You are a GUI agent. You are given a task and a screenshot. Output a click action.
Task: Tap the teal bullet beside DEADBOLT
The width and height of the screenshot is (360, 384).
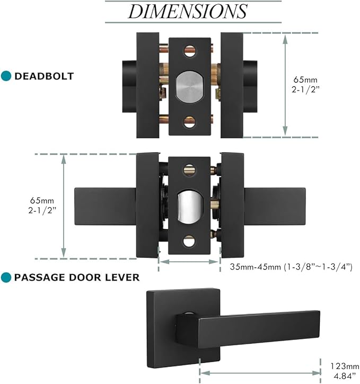pos(7,76)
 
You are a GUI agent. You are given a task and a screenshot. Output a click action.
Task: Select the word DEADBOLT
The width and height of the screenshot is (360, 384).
pos(44,76)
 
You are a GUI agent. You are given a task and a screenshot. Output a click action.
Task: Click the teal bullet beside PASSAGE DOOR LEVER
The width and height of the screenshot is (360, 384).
pos(7,277)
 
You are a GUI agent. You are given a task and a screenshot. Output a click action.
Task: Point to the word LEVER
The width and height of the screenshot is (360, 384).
pos(121,277)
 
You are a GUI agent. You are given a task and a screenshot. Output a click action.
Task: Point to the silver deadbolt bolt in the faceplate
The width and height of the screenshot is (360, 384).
pos(189,87)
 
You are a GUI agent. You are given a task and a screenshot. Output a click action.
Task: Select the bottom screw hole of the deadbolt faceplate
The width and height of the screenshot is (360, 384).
pos(189,123)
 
